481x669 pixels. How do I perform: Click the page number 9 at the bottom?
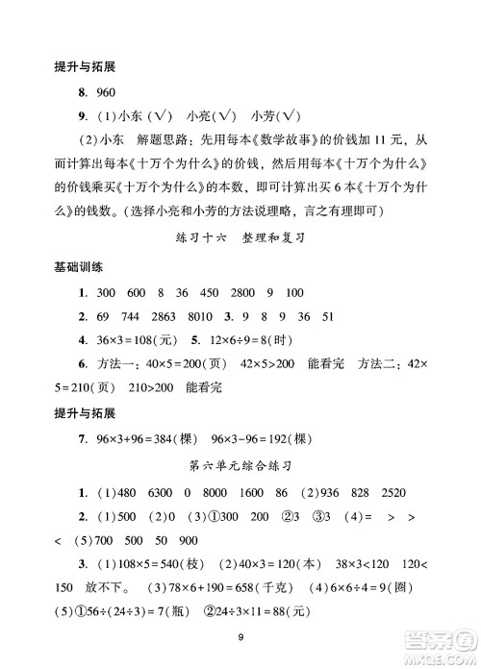pyautogui.click(x=240, y=635)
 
